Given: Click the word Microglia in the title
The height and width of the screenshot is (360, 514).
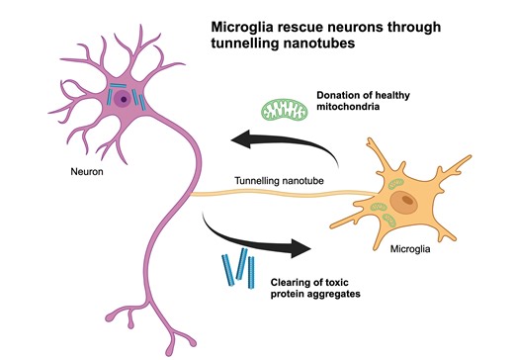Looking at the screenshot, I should (244, 26).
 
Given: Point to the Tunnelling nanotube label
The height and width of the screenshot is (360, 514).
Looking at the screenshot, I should (279, 181).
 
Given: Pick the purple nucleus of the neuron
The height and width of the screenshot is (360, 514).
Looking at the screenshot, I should (122, 99).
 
